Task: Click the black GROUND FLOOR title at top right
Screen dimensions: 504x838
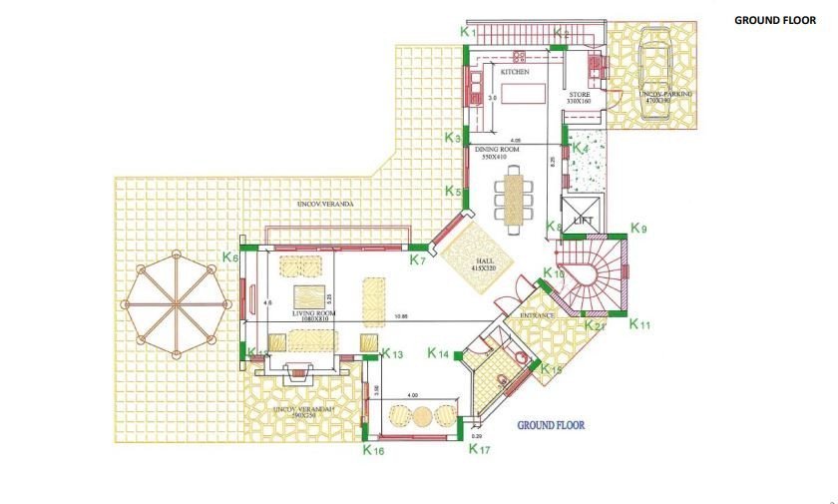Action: click(x=775, y=20)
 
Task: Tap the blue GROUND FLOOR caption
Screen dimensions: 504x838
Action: click(x=551, y=424)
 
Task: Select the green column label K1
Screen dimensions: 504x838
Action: click(x=468, y=32)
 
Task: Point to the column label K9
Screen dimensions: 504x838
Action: click(x=639, y=230)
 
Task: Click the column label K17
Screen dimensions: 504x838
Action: click(x=480, y=449)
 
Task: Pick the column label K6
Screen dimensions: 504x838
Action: click(x=230, y=257)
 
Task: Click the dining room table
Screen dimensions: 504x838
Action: click(x=516, y=197)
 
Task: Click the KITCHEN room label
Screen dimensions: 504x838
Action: click(x=514, y=73)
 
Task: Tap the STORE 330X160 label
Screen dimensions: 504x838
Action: click(x=580, y=98)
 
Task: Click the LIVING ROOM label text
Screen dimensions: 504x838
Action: click(x=314, y=313)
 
